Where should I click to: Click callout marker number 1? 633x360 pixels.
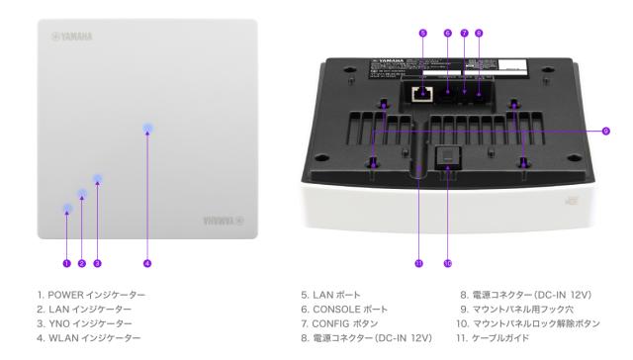click(x=66, y=263)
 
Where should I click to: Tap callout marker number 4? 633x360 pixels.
click(x=146, y=263)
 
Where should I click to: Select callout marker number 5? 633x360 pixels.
click(x=422, y=34)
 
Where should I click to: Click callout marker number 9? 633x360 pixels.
click(x=604, y=130)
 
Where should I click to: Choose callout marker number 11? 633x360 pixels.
click(x=418, y=263)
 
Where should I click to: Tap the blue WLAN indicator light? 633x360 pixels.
click(x=147, y=129)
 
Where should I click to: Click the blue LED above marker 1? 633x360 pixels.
click(x=66, y=209)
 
